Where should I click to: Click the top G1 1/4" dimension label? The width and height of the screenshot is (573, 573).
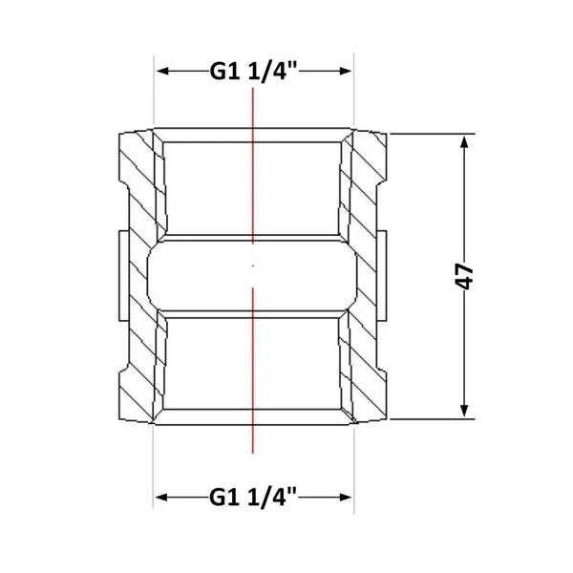point(254,72)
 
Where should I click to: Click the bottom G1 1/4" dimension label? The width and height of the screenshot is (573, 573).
point(253,497)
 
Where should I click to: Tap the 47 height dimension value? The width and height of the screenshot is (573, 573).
point(465,277)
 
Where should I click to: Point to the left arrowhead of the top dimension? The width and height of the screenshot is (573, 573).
point(162,71)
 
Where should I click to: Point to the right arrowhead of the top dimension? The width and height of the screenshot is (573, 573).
point(345,71)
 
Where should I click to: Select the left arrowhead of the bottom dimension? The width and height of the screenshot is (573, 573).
point(162,497)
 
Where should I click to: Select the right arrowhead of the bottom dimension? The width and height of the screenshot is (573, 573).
point(345,497)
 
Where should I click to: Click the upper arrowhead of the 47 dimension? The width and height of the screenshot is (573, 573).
point(464,142)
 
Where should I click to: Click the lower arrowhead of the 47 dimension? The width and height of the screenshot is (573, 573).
point(464,411)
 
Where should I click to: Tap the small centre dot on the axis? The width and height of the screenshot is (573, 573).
point(253,266)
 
